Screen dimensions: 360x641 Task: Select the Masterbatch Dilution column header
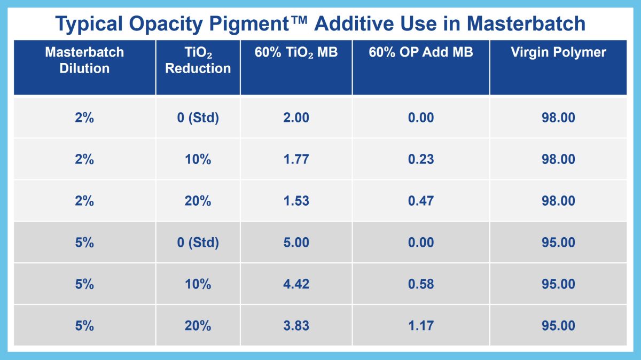[x=84, y=60]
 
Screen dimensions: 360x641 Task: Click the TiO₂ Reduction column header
[x=198, y=60]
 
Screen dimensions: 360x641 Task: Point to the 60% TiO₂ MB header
[x=296, y=52]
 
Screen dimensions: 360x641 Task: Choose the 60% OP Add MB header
[x=420, y=52]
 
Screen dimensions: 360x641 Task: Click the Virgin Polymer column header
[x=558, y=52]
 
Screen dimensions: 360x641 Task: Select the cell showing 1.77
[x=296, y=159]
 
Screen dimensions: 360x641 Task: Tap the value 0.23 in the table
[x=420, y=159]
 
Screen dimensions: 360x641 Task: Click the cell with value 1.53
[x=296, y=201]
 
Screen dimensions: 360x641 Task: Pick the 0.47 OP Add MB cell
[x=420, y=201]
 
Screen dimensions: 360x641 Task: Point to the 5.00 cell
[x=296, y=242]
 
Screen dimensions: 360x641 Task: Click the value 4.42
[x=296, y=284]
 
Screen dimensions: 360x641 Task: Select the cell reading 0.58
[x=420, y=284]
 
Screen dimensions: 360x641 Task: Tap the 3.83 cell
[x=296, y=326]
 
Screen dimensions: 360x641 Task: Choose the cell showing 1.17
[x=420, y=326]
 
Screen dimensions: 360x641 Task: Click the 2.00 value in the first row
[x=296, y=118]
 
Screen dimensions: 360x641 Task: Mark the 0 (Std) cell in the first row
[x=198, y=118]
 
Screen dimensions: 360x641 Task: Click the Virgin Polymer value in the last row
[x=558, y=326]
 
